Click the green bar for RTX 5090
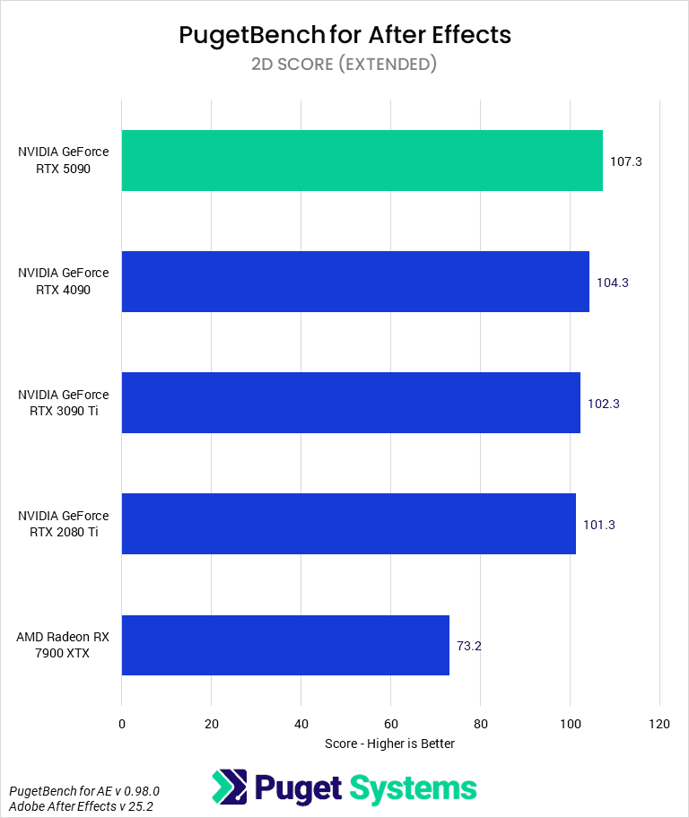(362, 161)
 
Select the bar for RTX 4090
(355, 282)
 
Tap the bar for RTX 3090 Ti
(351, 403)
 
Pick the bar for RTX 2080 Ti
(348, 524)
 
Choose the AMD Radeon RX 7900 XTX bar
(285, 645)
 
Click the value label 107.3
(626, 161)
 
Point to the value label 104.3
(613, 283)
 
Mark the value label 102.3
(604, 404)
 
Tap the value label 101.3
(599, 525)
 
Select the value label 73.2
(469, 646)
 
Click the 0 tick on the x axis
(122, 723)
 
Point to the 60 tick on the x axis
(390, 723)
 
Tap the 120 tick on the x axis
(659, 723)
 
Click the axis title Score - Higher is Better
(390, 744)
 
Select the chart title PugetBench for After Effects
(344, 35)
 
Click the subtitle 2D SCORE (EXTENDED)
(344, 65)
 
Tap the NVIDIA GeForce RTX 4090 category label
(64, 282)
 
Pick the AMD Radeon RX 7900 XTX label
(64, 645)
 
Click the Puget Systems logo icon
(229, 788)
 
